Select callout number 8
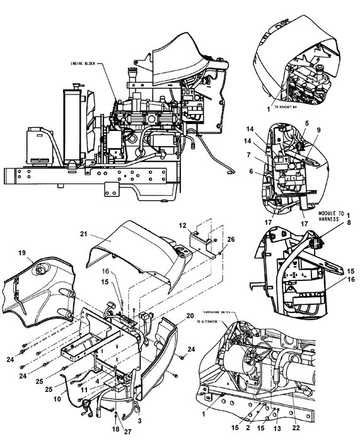[x=347, y=222]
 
